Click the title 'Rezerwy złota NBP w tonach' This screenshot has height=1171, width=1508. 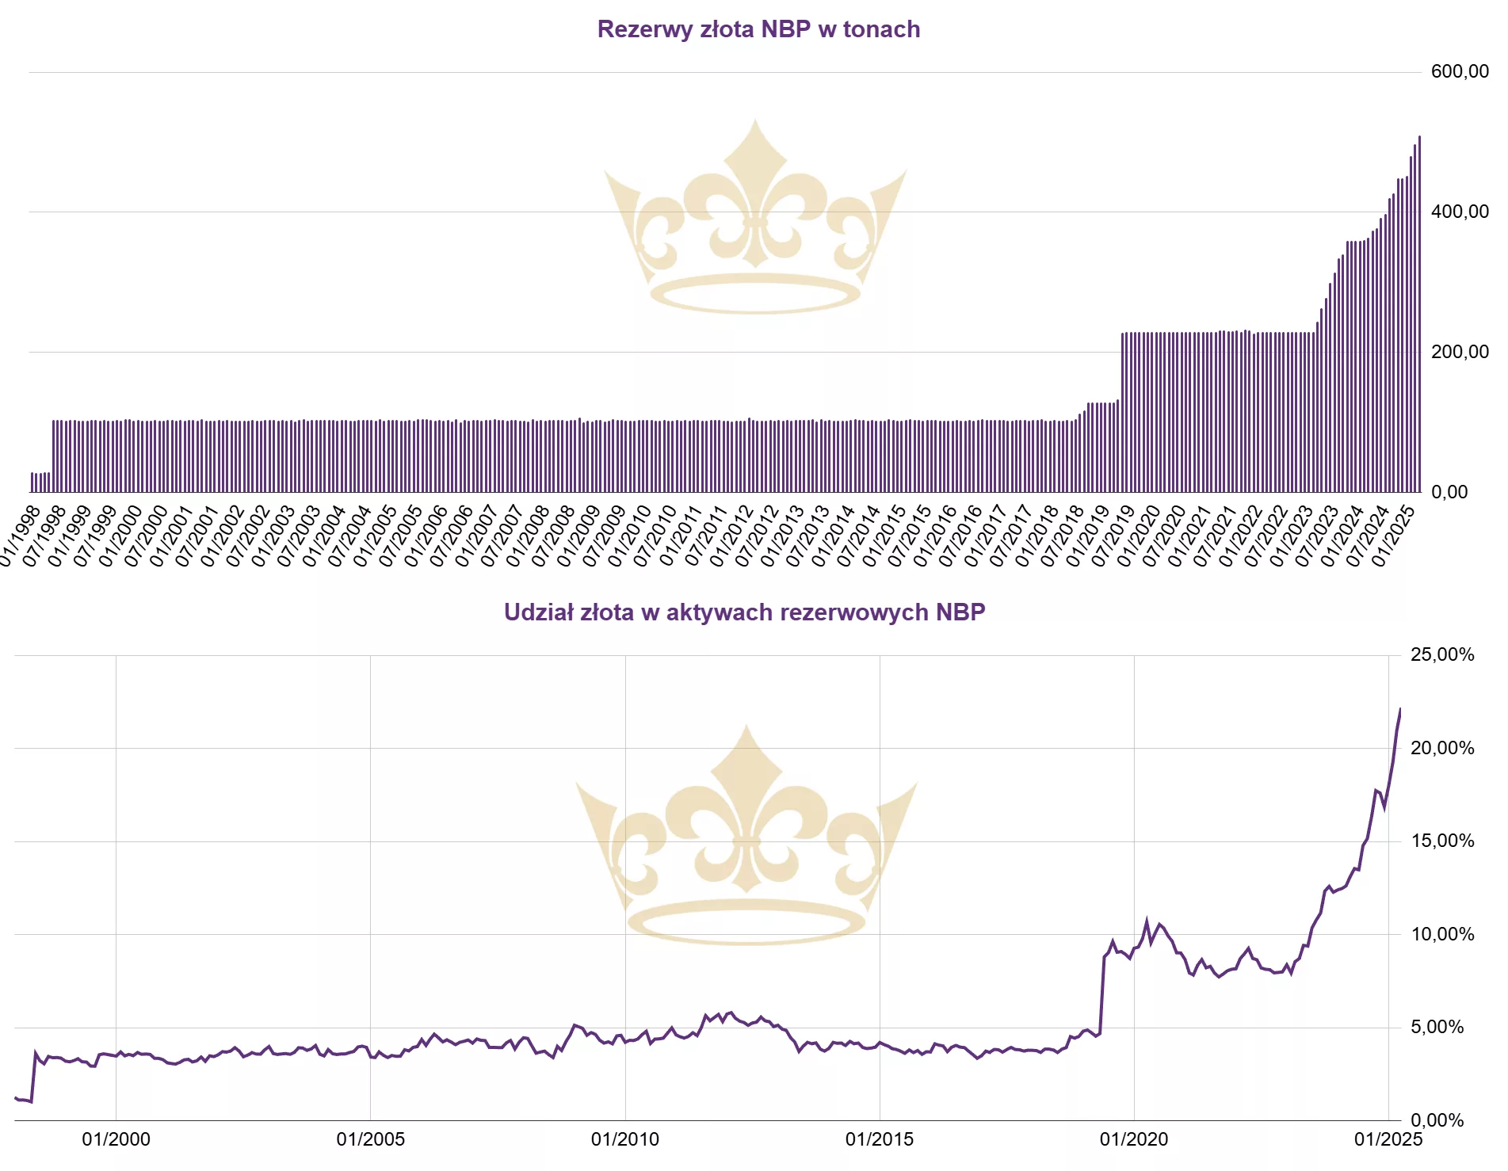[x=758, y=29]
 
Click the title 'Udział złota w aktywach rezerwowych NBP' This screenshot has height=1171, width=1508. [x=744, y=612]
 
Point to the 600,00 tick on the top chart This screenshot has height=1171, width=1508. [x=1460, y=72]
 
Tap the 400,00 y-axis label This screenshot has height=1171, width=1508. [x=1460, y=212]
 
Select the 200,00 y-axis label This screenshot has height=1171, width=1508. [x=1460, y=352]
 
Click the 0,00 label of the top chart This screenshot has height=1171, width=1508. [x=1449, y=492]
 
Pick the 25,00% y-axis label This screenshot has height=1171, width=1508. [x=1442, y=654]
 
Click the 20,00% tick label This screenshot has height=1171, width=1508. [x=1442, y=748]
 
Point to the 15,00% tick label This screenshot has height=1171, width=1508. [x=1442, y=841]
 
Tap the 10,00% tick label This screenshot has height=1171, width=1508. [x=1442, y=934]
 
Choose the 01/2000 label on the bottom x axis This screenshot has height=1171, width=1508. [x=116, y=1139]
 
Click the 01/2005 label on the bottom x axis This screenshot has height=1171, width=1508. [x=370, y=1139]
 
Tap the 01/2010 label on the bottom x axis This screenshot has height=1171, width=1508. [x=624, y=1139]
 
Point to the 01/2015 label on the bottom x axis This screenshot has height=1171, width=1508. [x=879, y=1139]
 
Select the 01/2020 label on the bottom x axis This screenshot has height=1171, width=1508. [x=1133, y=1139]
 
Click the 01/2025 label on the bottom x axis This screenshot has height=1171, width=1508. [x=1388, y=1139]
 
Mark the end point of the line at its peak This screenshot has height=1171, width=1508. [x=1400, y=709]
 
